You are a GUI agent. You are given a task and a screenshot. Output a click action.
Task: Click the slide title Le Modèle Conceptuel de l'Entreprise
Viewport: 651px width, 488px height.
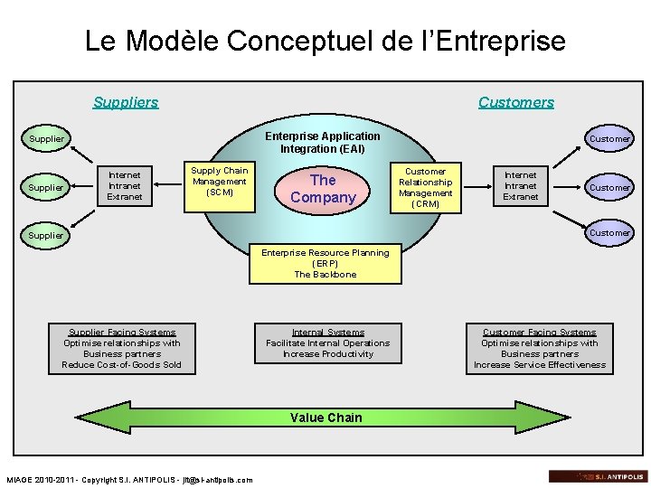[325, 42]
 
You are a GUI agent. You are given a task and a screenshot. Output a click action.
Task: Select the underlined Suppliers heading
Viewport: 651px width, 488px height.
[126, 102]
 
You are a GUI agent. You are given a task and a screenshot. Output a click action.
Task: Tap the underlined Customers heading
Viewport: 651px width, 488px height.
[515, 102]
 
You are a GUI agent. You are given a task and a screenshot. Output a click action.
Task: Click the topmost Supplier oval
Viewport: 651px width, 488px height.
[47, 139]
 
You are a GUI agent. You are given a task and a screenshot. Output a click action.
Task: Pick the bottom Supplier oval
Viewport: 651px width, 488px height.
[47, 236]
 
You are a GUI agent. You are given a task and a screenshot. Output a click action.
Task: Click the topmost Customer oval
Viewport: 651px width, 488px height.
[609, 139]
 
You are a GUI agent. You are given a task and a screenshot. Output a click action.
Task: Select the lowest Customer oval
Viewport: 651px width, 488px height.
[609, 233]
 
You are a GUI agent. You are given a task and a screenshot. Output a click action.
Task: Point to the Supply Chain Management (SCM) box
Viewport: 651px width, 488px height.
[220, 182]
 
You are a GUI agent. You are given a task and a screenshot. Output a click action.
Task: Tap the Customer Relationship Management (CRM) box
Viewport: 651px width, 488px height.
[425, 187]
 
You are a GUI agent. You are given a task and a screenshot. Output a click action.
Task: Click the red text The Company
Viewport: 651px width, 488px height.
[323, 189]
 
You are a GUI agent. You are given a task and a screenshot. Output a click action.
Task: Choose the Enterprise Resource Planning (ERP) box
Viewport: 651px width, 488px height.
[325, 264]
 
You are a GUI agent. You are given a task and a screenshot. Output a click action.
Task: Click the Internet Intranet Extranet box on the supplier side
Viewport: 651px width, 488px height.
[124, 185]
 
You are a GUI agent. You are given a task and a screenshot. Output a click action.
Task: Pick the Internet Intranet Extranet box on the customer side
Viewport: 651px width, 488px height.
[520, 185]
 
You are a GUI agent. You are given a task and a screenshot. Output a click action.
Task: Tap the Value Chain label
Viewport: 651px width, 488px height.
[325, 418]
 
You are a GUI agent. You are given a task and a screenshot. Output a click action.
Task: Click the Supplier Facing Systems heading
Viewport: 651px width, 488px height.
[122, 333]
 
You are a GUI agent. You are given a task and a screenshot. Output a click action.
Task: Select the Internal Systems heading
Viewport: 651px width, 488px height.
[327, 333]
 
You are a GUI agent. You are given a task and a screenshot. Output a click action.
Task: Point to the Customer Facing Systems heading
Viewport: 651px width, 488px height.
[539, 333]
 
